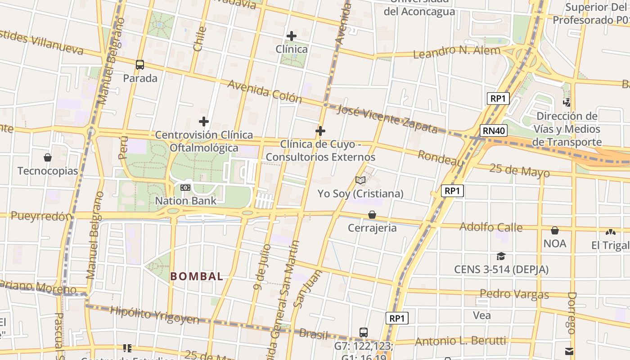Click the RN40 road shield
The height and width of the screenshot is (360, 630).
(x=494, y=130)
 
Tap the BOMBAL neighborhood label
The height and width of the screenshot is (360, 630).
(x=197, y=276)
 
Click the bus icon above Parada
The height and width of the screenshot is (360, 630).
(x=140, y=65)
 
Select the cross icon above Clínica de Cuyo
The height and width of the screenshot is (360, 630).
(x=320, y=131)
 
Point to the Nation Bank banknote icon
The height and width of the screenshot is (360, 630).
(x=185, y=187)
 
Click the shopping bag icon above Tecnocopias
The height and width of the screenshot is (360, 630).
(x=48, y=157)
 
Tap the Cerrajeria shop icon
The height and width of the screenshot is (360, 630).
(x=372, y=215)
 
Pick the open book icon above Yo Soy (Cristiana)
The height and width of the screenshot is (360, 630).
(x=360, y=180)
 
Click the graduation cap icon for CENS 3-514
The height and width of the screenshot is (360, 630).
(x=501, y=256)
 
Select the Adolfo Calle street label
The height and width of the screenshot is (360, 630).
(x=491, y=227)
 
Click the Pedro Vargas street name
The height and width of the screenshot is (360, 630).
(x=514, y=294)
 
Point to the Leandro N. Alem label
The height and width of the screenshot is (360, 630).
(x=457, y=52)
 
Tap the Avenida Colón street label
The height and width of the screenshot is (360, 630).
(x=265, y=90)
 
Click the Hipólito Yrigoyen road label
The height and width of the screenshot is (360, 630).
(x=154, y=315)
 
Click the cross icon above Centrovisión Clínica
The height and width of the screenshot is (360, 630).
(x=204, y=121)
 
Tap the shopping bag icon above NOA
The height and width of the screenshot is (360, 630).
(x=555, y=230)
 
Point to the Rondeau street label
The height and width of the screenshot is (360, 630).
(x=441, y=158)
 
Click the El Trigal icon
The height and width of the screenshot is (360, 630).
(x=610, y=232)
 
